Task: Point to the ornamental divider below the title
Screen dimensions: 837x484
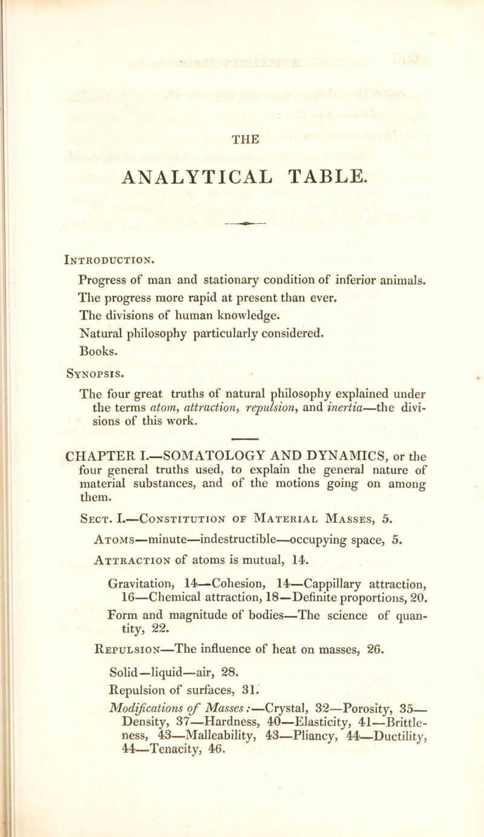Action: tap(255, 205)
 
